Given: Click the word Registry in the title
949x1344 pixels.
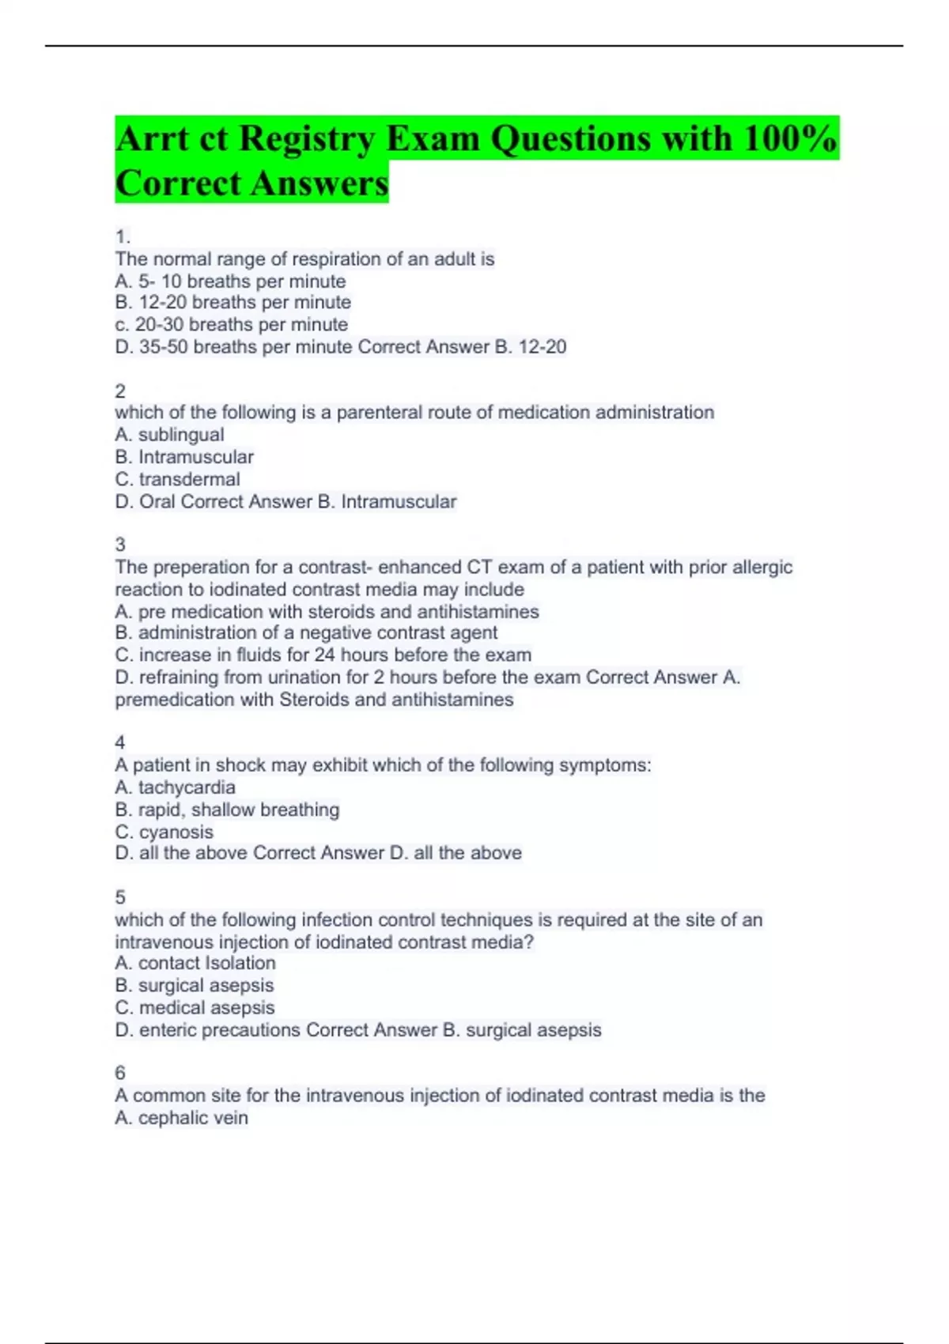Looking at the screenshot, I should click(x=306, y=138).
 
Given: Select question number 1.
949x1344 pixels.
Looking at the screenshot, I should click(x=122, y=236).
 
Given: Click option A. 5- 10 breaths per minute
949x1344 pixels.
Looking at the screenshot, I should click(x=230, y=281).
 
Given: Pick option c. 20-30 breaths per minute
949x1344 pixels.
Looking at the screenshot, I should click(x=231, y=324).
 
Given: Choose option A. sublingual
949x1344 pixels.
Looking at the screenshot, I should click(x=169, y=435).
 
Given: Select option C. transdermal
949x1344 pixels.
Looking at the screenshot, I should click(x=177, y=479).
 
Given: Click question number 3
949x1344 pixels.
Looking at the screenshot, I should click(x=120, y=545).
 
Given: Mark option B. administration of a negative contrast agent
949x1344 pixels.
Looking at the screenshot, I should click(x=306, y=632).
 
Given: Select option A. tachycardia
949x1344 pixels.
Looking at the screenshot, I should click(x=175, y=787).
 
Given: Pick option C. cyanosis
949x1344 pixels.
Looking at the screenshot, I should click(x=164, y=832).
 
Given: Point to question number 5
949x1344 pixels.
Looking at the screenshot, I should click(x=120, y=897).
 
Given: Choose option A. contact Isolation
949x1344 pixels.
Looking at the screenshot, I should click(x=195, y=963).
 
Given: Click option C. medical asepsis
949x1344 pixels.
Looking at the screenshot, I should click(x=195, y=1007).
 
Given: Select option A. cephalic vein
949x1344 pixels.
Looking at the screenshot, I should click(x=181, y=1118).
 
